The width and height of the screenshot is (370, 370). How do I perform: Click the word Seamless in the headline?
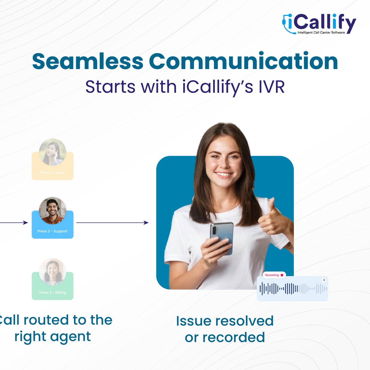pos(88,61)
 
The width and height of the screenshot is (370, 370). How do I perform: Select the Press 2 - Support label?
pos(52,231)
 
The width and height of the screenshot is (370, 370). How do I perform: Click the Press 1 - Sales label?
pos(52,172)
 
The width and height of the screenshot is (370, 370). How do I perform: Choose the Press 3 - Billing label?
pos(52,292)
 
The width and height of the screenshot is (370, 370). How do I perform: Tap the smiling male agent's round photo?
pos(52,211)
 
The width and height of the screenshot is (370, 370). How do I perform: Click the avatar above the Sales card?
pos(52,152)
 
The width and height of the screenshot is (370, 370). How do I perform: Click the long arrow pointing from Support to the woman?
pos(112,222)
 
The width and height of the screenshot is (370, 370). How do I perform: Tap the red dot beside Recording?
pos(282,275)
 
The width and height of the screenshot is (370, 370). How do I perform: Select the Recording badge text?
pos(272,275)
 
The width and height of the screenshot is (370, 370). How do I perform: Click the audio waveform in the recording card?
pos(293,289)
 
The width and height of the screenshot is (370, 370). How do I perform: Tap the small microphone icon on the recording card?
pos(324,280)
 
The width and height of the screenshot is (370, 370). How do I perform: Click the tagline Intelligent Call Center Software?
pos(321,32)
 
